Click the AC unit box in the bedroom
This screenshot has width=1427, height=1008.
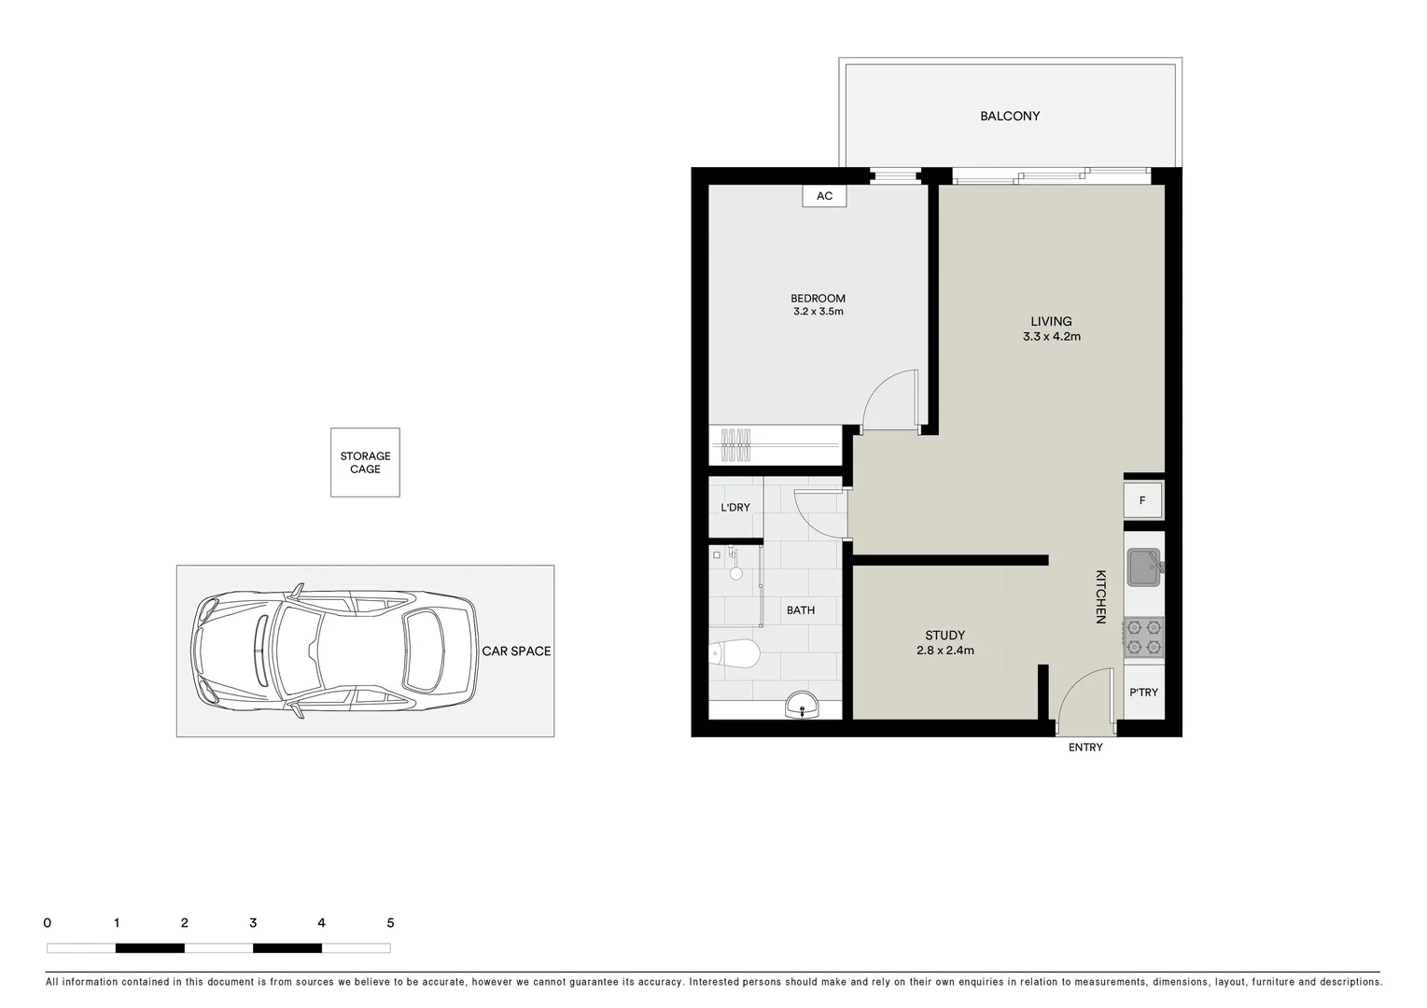[824, 196]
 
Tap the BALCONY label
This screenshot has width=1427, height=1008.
[1009, 117]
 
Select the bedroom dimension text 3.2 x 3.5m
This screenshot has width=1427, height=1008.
[818, 312]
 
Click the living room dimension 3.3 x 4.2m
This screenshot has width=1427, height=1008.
[1051, 337]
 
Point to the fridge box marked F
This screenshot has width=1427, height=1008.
[1142, 500]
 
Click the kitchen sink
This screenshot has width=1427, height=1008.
[1142, 567]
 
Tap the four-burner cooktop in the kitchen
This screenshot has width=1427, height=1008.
[1143, 637]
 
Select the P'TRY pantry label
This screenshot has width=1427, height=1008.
[1143, 693]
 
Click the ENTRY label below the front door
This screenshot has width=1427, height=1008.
[1085, 748]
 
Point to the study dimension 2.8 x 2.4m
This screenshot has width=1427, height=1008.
[944, 651]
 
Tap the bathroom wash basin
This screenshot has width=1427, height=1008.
[801, 707]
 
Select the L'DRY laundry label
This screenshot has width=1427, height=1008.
[734, 508]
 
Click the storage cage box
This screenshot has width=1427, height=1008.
[365, 463]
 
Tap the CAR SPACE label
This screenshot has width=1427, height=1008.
[516, 651]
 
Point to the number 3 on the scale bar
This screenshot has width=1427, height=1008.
[253, 923]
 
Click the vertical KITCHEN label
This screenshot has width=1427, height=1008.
[1100, 596]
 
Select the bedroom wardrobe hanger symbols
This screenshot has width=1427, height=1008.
[736, 445]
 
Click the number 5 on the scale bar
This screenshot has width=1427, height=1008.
[390, 923]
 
